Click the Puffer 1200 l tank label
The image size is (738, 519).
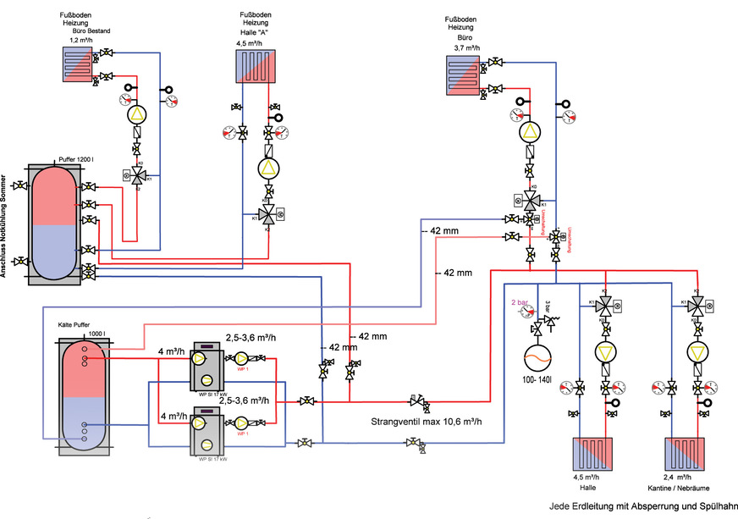[x=78, y=159]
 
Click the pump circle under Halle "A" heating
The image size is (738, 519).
[x=268, y=168]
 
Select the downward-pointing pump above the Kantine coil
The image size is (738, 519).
[x=696, y=353]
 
